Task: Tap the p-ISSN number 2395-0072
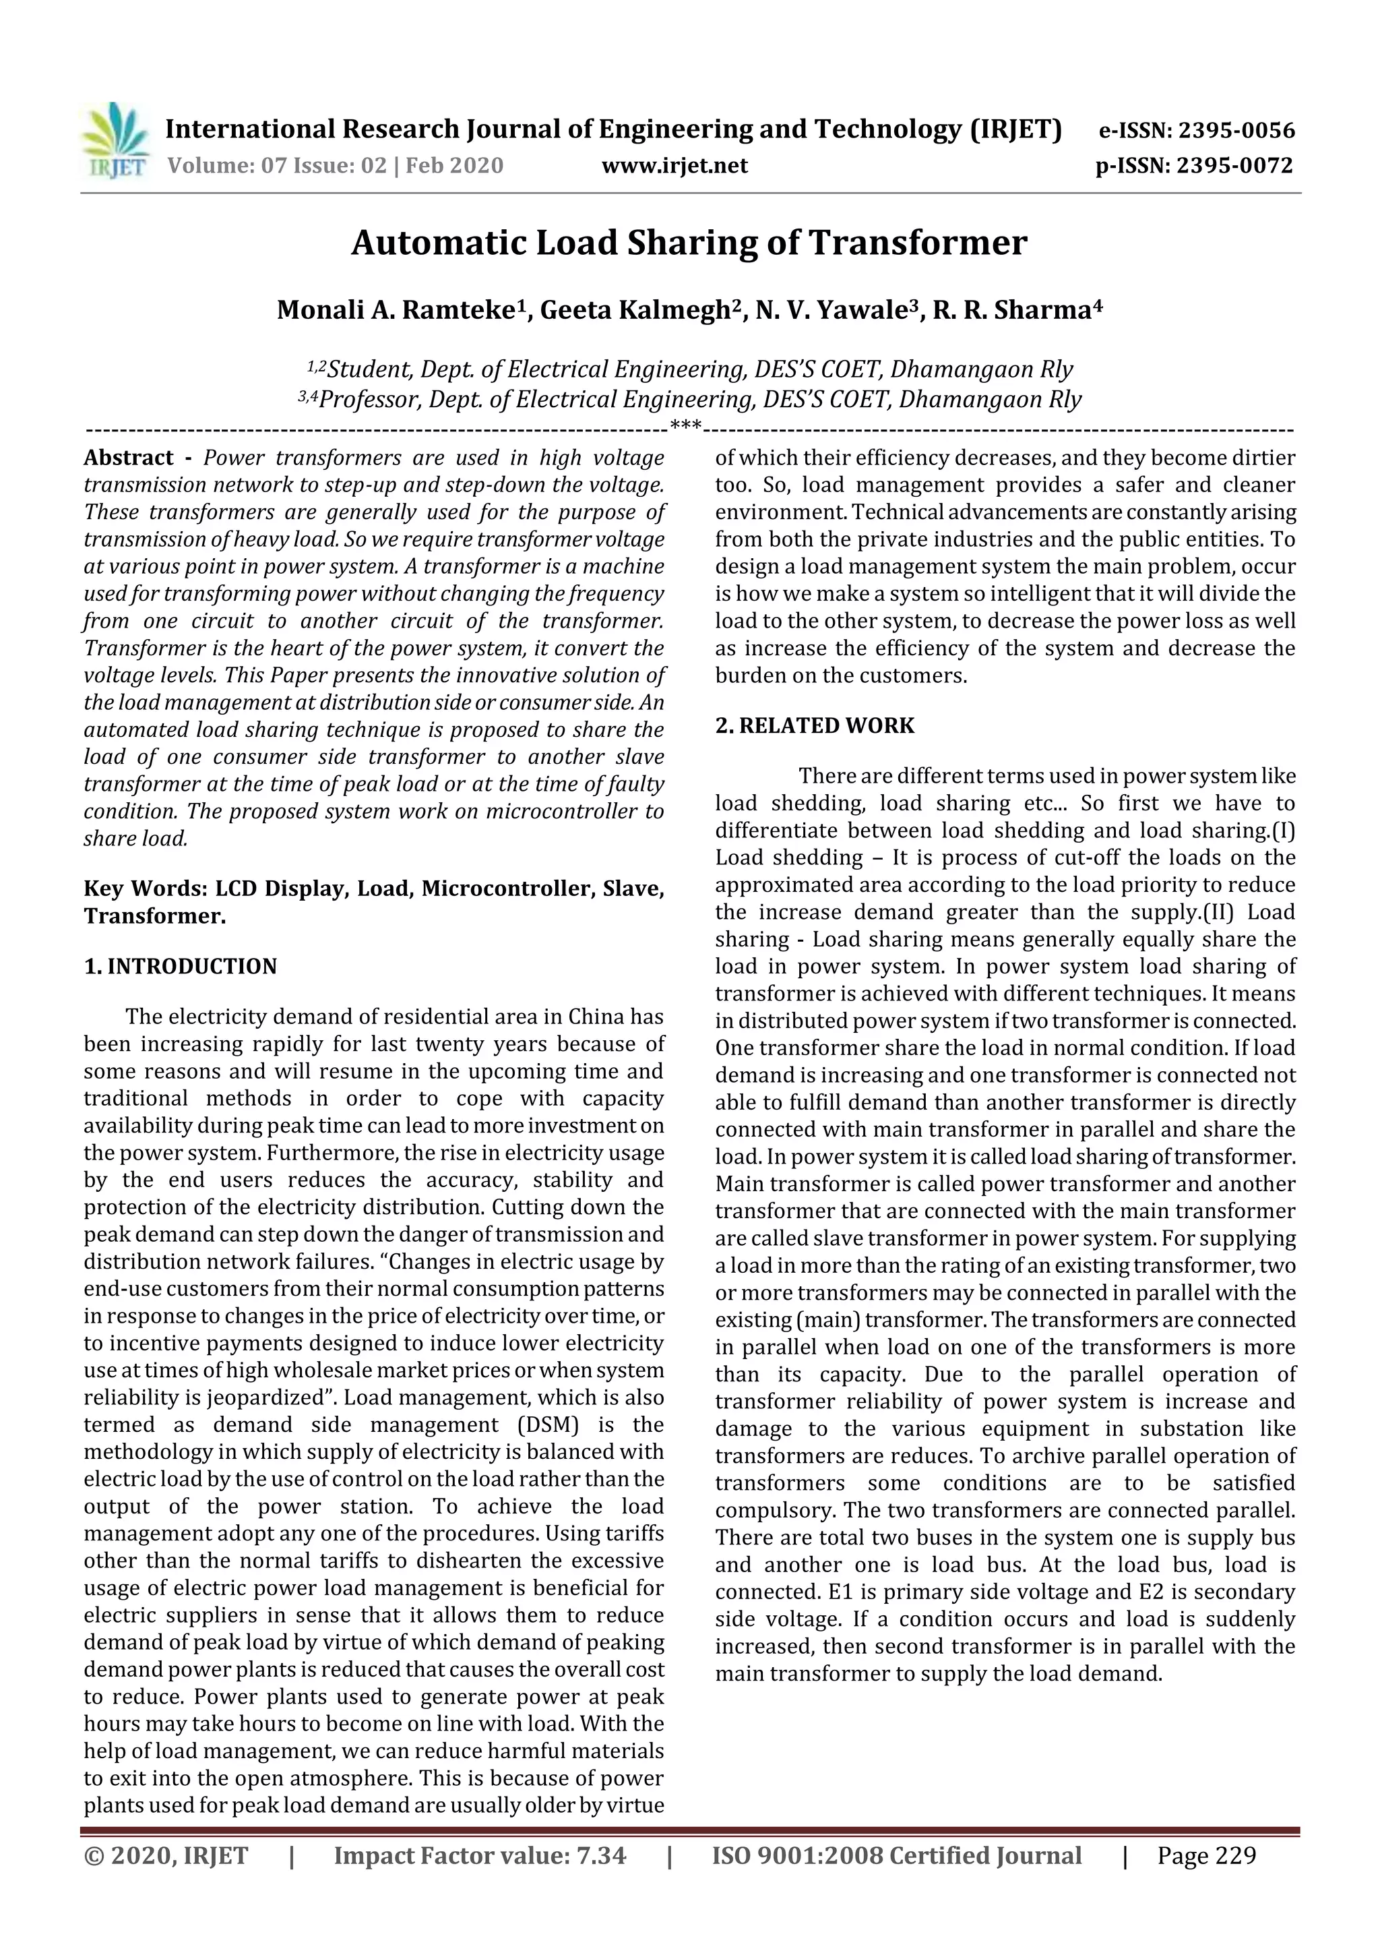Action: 1234,166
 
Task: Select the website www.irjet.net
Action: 675,166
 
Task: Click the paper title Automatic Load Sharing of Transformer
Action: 689,243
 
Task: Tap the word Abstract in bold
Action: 129,458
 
